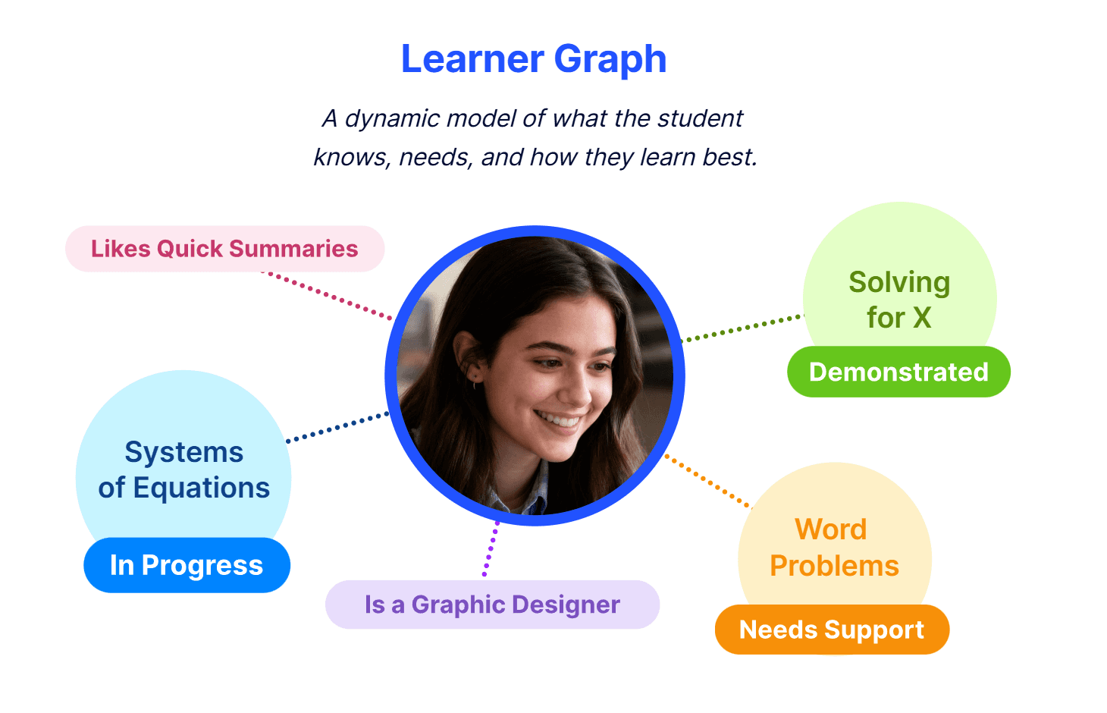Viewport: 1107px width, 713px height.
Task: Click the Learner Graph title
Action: [534, 59]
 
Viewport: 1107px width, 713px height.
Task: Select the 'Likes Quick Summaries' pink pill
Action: [224, 249]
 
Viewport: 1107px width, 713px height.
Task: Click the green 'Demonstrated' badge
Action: [898, 372]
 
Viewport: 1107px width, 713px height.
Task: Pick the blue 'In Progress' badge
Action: [187, 565]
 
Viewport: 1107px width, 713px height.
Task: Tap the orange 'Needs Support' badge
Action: [832, 630]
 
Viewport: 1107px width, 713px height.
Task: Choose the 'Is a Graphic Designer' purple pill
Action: [492, 605]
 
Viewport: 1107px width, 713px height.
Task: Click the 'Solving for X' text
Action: [899, 300]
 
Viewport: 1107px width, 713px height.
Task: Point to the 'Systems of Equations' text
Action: [184, 470]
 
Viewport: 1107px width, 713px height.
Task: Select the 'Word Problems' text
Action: [834, 548]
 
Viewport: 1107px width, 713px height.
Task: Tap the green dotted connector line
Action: [743, 328]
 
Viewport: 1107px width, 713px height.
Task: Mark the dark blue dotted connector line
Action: [337, 427]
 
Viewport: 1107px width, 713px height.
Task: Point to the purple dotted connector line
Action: [491, 549]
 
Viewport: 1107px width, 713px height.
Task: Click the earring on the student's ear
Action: [475, 382]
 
